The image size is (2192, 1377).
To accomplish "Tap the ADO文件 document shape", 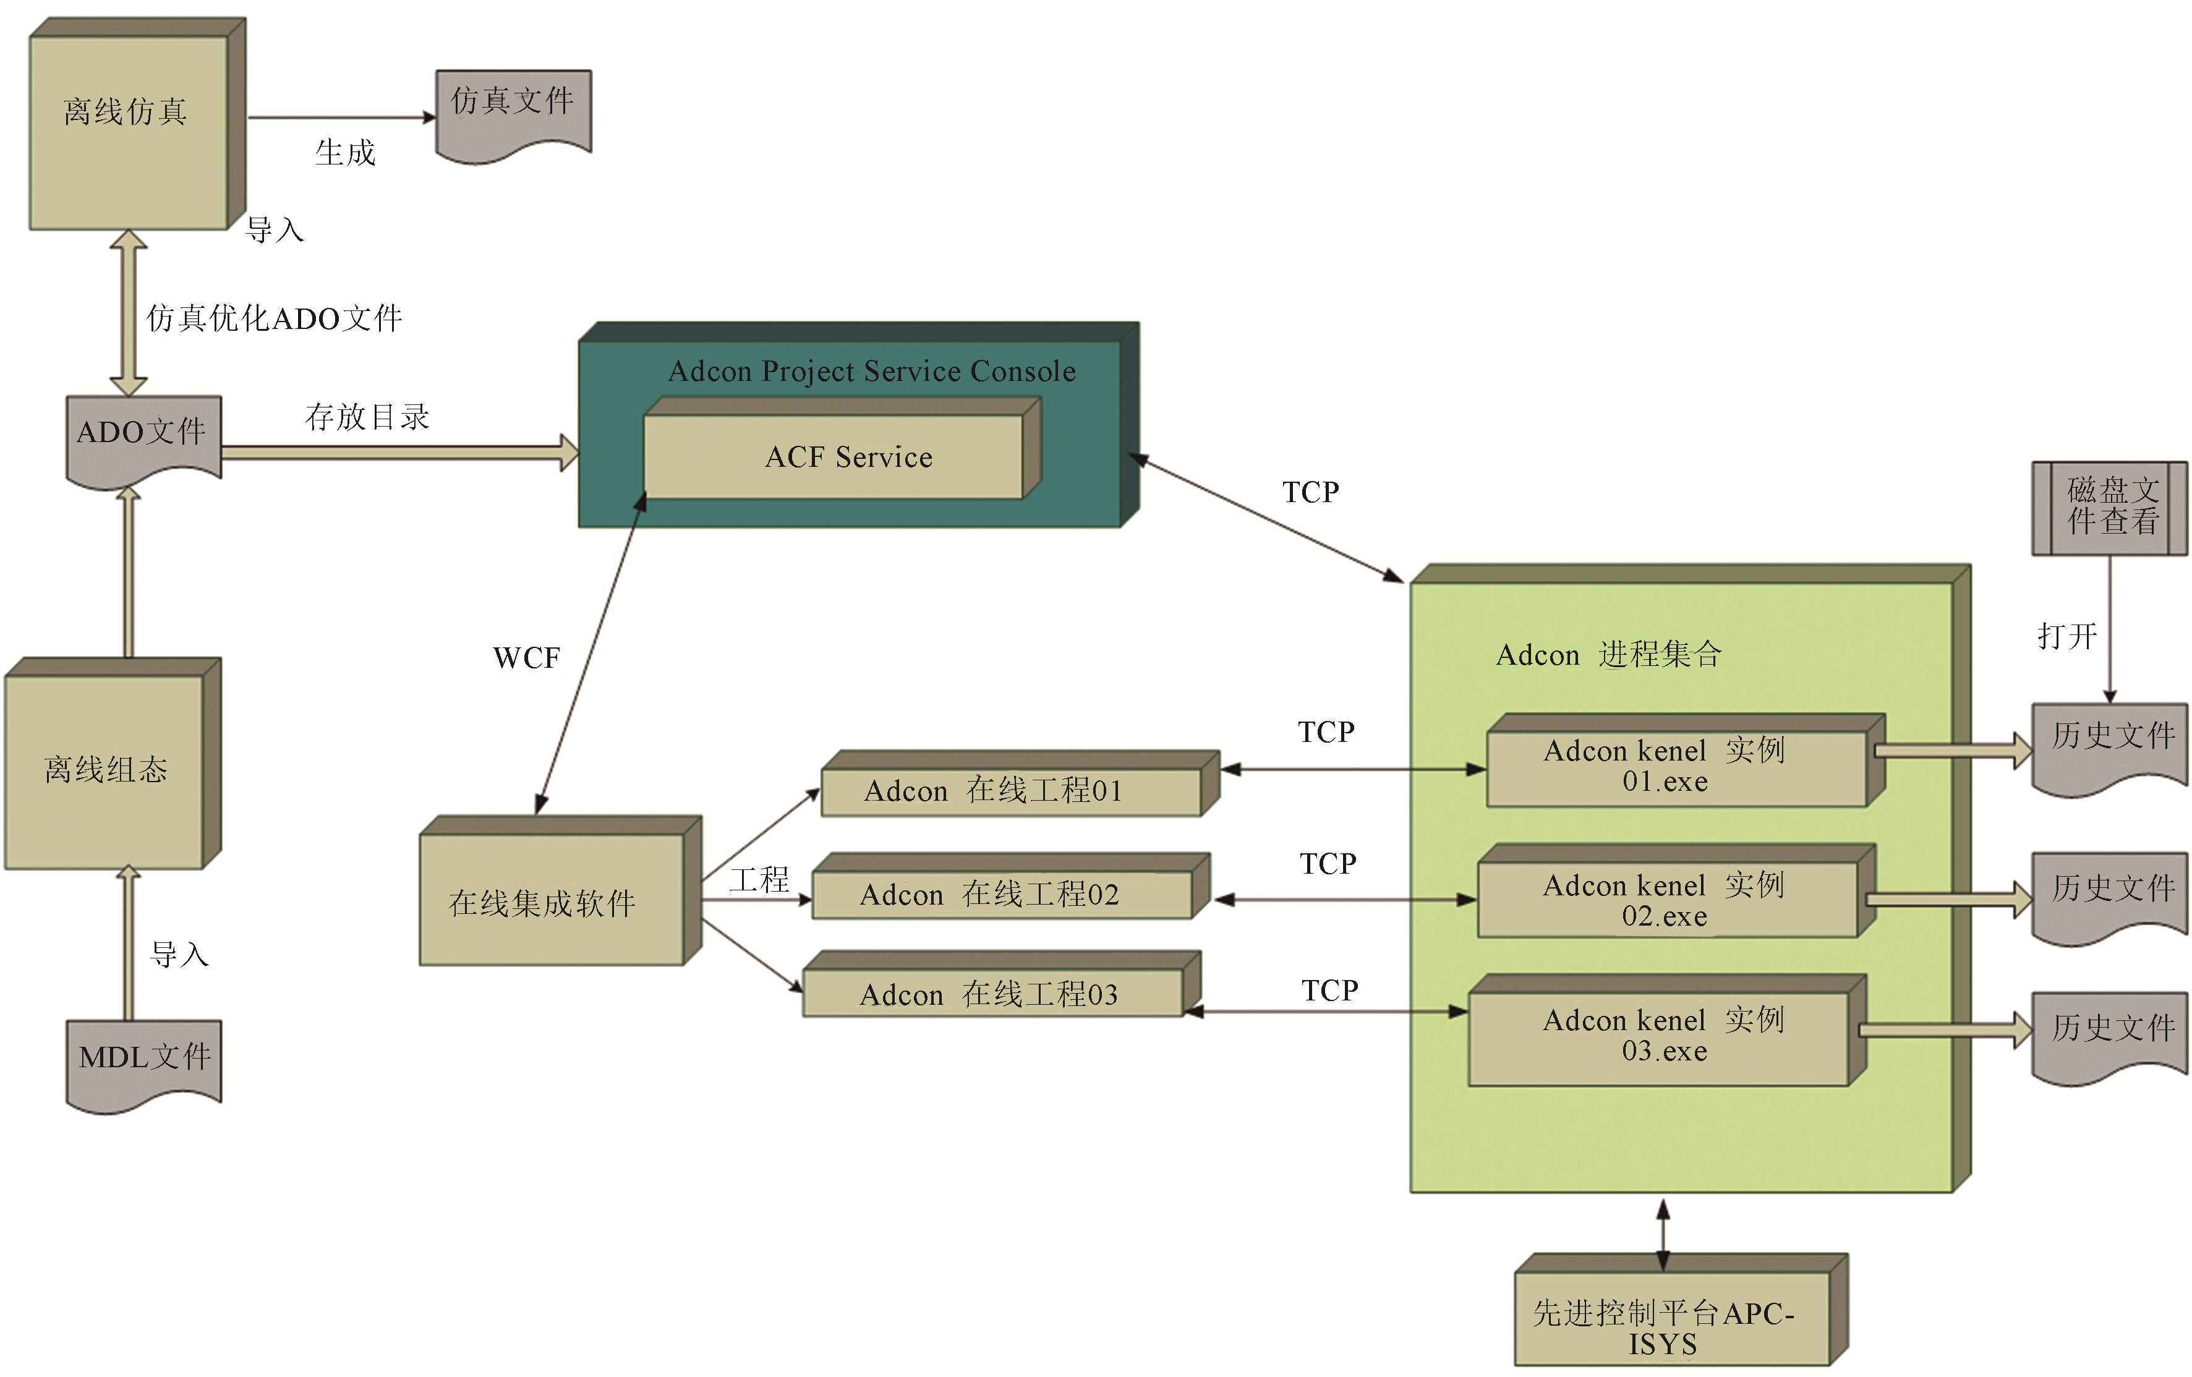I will point(143,437).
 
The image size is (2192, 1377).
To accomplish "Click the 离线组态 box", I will point(104,770).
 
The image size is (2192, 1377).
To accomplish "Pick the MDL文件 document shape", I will point(144,1060).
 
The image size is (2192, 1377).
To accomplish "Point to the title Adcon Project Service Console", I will point(871,372).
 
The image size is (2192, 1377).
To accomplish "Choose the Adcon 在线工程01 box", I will point(1010,791).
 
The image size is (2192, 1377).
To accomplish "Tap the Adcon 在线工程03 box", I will point(992,994).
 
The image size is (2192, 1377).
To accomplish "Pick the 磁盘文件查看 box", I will point(2110,507).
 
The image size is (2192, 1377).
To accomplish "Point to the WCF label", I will point(526,658).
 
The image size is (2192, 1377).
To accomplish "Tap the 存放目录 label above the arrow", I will point(367,417).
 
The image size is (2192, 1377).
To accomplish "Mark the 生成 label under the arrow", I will point(345,153).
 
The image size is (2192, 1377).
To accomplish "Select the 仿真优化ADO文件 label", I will point(274,318).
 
